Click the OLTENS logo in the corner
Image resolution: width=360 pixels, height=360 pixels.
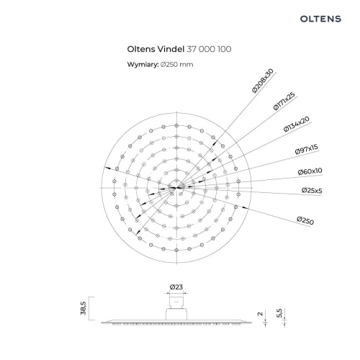point(320,19)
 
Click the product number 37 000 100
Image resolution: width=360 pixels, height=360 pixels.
point(209,49)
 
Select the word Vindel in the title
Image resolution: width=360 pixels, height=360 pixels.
point(171,49)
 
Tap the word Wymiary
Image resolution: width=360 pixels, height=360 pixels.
point(143,65)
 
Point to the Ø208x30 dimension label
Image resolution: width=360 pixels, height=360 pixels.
point(263,81)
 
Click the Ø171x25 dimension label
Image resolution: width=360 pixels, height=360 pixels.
point(284,101)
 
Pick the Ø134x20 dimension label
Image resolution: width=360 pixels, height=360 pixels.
point(297,124)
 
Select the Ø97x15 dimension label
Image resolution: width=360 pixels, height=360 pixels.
point(307,149)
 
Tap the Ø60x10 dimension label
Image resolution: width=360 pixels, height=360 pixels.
point(310,171)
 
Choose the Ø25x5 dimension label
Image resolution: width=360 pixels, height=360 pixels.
point(312,191)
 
